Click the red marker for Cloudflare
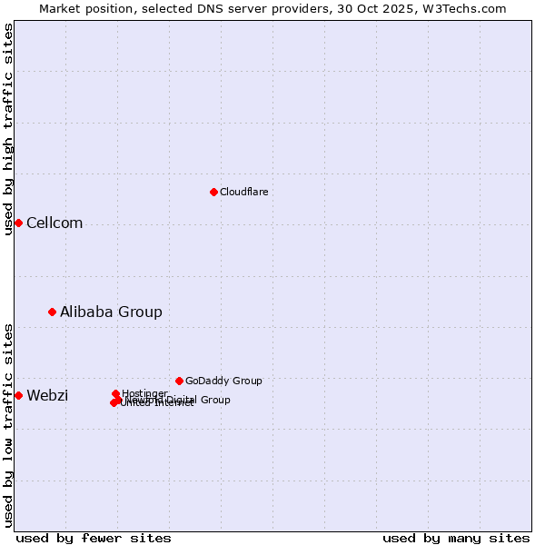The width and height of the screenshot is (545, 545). [x=213, y=192]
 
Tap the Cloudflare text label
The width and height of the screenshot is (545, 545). [x=243, y=192]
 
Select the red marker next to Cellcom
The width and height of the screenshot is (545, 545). [x=18, y=223]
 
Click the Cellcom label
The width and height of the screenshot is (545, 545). [x=54, y=223]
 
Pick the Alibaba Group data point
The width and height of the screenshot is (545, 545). [x=52, y=312]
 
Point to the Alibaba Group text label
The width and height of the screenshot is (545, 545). [x=111, y=312]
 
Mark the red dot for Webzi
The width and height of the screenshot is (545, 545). [x=18, y=395]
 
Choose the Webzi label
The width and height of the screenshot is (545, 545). [x=47, y=395]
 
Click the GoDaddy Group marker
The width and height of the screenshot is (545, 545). [x=179, y=381]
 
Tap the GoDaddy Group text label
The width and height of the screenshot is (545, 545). [x=223, y=381]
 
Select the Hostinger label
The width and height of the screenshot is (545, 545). [x=144, y=392]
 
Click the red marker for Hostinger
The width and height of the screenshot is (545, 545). [x=115, y=393]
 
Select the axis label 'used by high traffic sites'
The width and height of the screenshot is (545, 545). [x=8, y=128]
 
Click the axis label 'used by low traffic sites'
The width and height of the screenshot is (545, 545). [x=8, y=424]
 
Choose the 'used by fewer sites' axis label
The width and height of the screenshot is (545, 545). [x=94, y=538]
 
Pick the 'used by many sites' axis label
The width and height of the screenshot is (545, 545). [x=456, y=538]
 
